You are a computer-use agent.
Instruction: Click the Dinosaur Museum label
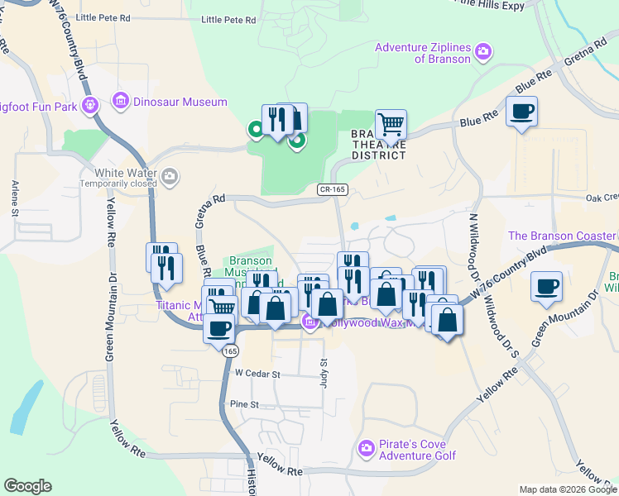coord(180,102)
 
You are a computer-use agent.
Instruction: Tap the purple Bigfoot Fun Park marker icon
coord(90,105)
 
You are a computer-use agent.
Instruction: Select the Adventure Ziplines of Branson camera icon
coord(483,52)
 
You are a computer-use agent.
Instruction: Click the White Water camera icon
coord(170,175)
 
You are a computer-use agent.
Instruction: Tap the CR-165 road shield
coord(331,190)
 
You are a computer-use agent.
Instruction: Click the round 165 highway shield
coord(227,351)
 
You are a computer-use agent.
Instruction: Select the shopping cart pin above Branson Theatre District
coord(391,126)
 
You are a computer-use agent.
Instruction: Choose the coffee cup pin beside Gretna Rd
coord(521,112)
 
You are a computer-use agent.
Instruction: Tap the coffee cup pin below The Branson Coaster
coord(546,287)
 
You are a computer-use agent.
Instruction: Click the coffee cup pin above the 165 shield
coord(219,328)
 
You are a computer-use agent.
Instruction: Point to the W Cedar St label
coord(258,374)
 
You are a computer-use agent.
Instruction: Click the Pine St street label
coord(245,404)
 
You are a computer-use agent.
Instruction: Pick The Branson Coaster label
coord(563,236)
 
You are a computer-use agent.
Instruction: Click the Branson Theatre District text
coord(378,145)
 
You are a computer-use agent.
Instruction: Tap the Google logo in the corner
coord(27,486)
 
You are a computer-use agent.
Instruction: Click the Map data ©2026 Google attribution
coord(568,489)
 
